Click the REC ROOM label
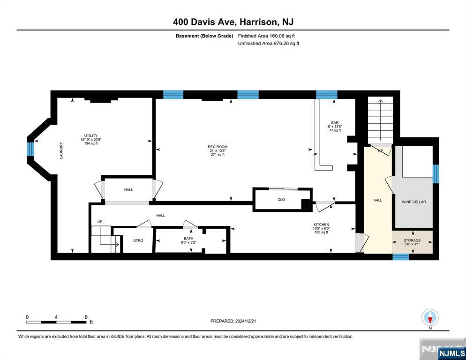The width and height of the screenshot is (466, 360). tap(218, 147)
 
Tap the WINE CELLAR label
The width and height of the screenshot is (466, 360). tap(413, 202)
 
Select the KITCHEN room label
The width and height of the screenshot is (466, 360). tap(321, 225)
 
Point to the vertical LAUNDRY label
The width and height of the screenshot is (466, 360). tap(61, 150)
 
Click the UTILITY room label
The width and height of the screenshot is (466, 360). tap(90, 135)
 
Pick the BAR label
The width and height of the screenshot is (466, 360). tap(335, 123)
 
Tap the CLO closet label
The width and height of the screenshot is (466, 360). tap(281, 200)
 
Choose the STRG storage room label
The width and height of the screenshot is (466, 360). tap(138, 240)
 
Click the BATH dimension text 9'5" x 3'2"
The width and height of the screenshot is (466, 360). tap(189, 242)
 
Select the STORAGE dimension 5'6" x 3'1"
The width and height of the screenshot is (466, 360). tap(412, 244)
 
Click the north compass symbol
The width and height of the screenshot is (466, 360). tap(430, 317)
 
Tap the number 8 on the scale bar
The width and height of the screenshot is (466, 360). tap(86, 317)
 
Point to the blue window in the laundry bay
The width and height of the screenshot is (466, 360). tap(30, 149)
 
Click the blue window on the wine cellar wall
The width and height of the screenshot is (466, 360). tap(436, 174)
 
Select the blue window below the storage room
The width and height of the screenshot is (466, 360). tap(401, 257)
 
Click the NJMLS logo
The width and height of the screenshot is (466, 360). tap(452, 353)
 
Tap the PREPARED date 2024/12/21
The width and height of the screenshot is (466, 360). tap(246, 321)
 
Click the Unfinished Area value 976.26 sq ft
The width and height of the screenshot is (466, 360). tap(286, 44)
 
